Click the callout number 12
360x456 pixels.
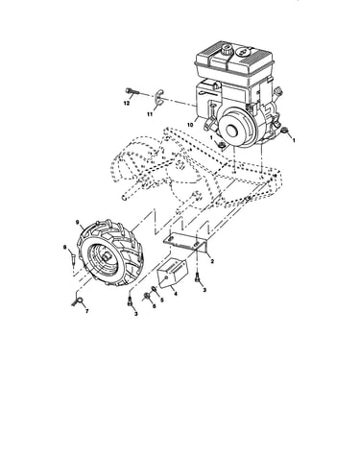click(x=127, y=104)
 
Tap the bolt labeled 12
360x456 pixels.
click(x=132, y=91)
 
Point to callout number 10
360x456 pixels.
click(x=190, y=125)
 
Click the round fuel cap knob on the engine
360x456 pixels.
click(x=228, y=50)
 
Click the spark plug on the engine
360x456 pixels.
click(x=278, y=92)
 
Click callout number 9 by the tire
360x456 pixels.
click(x=77, y=222)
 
